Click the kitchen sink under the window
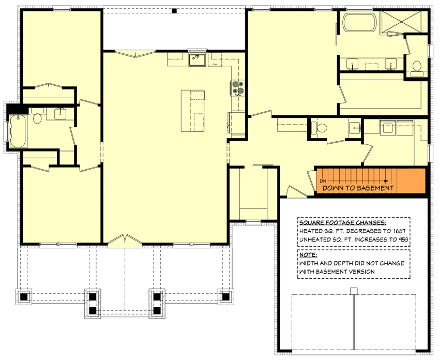tap(197, 59)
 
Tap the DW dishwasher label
tap(214, 64)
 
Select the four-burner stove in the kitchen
tap(238, 88)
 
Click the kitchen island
tap(192, 110)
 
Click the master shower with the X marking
tap(403, 22)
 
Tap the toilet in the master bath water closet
tap(416, 67)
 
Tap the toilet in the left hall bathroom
tap(37, 118)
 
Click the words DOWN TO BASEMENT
tap(358, 188)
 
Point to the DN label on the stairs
tap(323, 181)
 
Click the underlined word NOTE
tap(309, 255)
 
